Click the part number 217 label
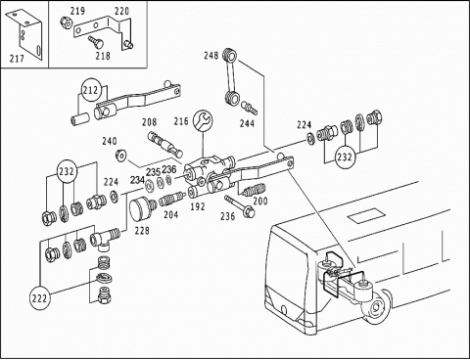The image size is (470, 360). coord(17,59)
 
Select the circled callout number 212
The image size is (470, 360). coord(90,90)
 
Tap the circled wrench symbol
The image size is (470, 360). coord(203,120)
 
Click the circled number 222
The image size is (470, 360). coord(40,298)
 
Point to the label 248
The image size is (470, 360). coord(211,56)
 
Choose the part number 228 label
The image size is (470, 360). coord(142,231)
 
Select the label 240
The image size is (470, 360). coord(110,141)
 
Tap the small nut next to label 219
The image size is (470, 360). coord(65,22)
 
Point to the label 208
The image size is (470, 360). coord(149,122)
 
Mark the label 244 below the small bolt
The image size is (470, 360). coord(247,123)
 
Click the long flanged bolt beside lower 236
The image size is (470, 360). coord(240,205)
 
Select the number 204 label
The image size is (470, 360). coord(171,214)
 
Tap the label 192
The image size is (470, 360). coord(198,206)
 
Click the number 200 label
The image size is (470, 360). coord(260,201)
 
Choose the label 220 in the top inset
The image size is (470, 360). coord(121,12)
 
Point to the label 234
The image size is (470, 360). coord(138,180)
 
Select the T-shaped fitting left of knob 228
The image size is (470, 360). coord(106,240)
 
